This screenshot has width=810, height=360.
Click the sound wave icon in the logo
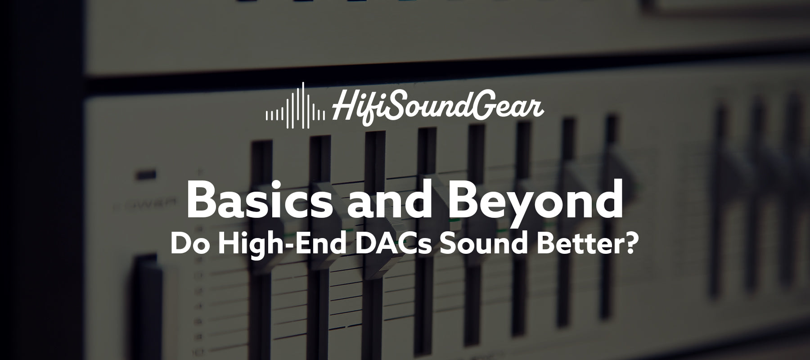click(295, 105)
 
